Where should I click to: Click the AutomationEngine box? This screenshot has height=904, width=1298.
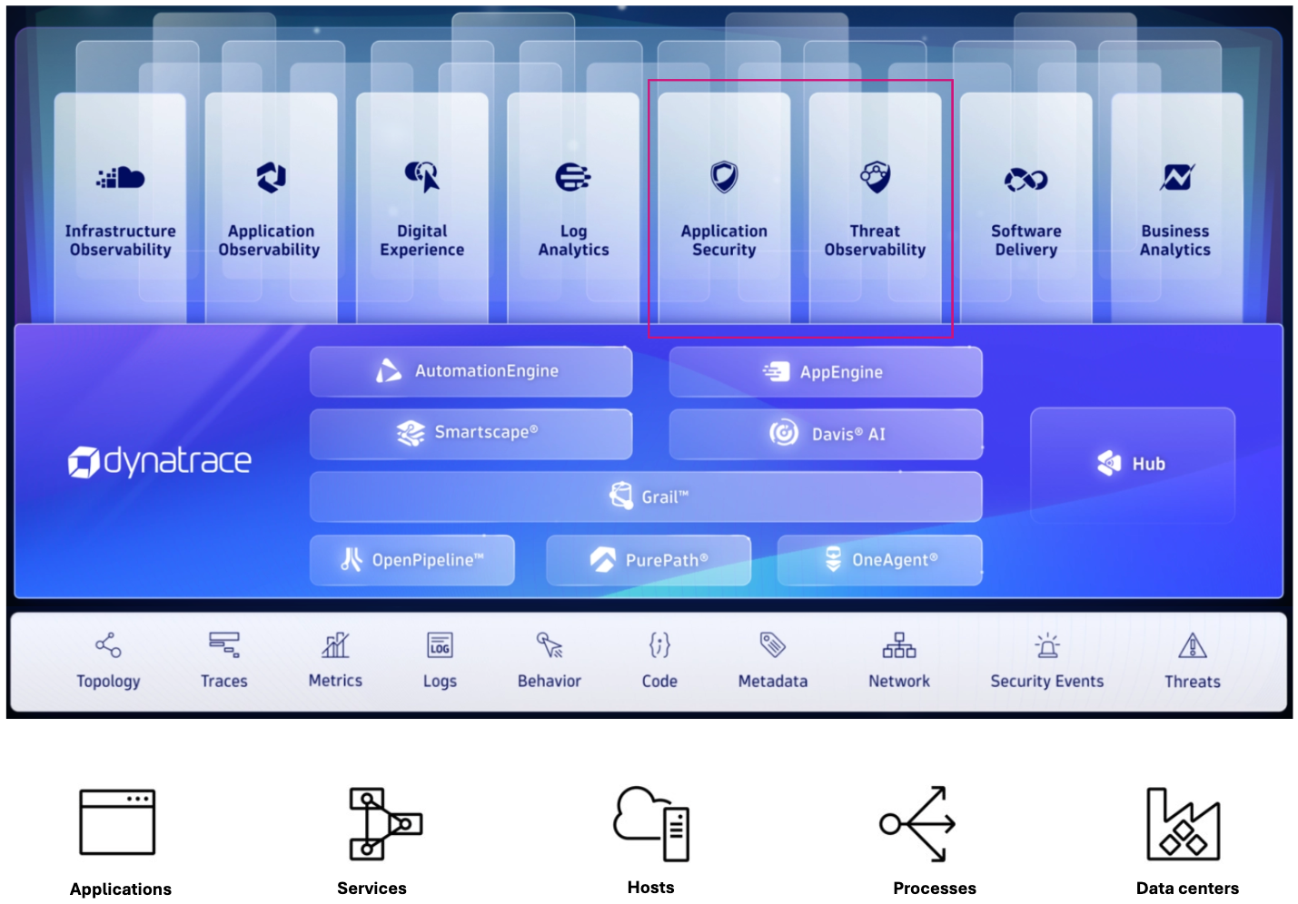pos(471,371)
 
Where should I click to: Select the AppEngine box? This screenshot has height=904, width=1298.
pos(825,372)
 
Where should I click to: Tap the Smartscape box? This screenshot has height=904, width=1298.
pos(471,433)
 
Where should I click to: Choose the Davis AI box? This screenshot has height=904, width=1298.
pos(825,434)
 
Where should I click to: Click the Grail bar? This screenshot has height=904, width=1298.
pos(645,496)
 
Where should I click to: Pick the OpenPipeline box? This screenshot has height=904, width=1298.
pos(412,560)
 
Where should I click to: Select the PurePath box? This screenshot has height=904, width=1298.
pos(649,560)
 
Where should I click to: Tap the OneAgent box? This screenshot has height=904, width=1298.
pos(879,560)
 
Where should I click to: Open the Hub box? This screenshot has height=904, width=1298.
pos(1132,464)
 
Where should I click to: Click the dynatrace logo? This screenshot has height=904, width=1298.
pos(160,462)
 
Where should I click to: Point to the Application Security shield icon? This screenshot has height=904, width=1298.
pos(724,176)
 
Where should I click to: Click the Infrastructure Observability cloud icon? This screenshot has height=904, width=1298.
pos(121,177)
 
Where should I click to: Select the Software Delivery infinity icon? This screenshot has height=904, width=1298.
pos(1026,180)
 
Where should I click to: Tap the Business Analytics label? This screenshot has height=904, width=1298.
pos(1175,241)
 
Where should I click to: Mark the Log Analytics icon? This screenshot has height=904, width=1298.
pos(573,176)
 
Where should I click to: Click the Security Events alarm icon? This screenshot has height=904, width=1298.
pos(1047,646)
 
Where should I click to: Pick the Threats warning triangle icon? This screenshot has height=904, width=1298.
pos(1192,646)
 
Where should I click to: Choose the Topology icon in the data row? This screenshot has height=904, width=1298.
pos(108,645)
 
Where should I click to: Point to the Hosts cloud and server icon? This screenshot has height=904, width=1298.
pos(651,823)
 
